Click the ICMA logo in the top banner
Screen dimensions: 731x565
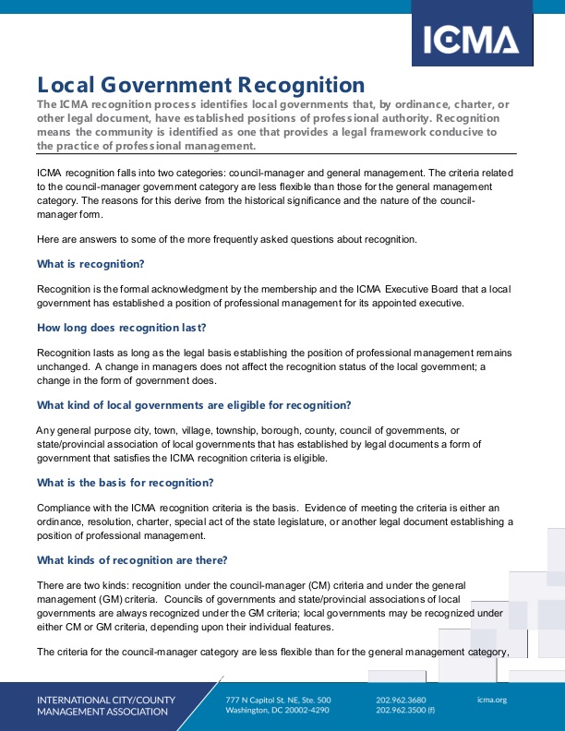(x=471, y=40)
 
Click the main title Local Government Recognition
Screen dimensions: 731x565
(x=200, y=86)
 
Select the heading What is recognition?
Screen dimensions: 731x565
(x=90, y=264)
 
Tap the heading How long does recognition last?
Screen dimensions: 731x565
(x=121, y=328)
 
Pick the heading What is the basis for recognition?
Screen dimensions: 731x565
(x=125, y=483)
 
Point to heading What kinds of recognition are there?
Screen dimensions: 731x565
(x=131, y=560)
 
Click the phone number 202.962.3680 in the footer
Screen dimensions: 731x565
(x=401, y=700)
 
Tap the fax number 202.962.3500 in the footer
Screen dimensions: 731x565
(x=401, y=712)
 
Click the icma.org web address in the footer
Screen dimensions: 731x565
(x=492, y=700)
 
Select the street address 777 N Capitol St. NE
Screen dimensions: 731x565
(x=278, y=700)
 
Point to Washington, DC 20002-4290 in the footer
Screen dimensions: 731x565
(x=278, y=712)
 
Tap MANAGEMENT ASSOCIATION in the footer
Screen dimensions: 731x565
(x=102, y=712)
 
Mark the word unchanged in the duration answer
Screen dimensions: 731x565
(x=63, y=366)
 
